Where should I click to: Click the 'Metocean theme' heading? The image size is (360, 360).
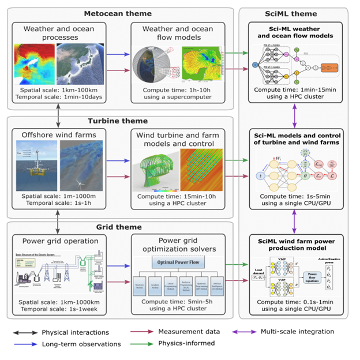point(118,13)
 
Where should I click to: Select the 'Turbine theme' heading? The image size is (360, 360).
point(118,121)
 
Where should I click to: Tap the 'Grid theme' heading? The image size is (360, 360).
point(118,227)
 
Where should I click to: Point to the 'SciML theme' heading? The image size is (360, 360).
point(293,13)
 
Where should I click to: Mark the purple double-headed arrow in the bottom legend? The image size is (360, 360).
point(245,332)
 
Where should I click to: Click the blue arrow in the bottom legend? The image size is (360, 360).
point(26,344)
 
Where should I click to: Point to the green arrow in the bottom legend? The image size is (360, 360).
point(142,344)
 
